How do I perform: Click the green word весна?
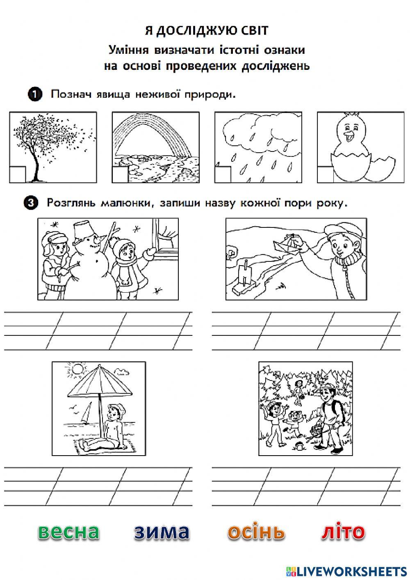69,532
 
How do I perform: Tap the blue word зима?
162,532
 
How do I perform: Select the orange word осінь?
256,531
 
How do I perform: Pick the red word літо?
343,531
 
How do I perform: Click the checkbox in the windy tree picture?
18,174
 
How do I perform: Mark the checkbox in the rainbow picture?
120,174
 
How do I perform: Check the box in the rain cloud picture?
223,174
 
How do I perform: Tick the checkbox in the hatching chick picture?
325,174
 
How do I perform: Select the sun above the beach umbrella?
77,369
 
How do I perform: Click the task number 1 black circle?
35,94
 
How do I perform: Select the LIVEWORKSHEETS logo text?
346,571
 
